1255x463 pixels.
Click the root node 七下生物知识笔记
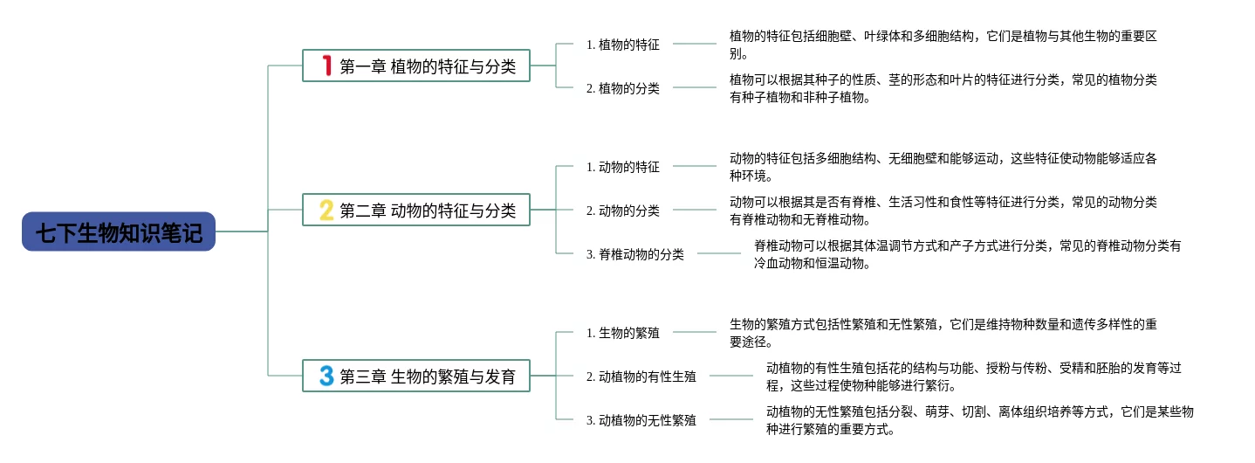(x=119, y=232)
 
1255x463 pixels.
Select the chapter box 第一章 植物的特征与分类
(x=416, y=66)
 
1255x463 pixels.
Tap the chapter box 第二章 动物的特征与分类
(x=416, y=210)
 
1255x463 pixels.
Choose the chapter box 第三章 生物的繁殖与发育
(x=416, y=376)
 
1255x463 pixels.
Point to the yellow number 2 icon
(x=326, y=210)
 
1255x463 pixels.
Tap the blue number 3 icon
(x=326, y=376)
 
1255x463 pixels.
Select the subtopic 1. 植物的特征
(x=622, y=45)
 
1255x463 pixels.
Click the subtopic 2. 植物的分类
(x=622, y=88)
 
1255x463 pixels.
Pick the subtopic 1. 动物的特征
(x=622, y=167)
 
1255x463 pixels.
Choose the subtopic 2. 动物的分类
(x=622, y=211)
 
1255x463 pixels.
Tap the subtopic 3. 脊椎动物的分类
(x=634, y=254)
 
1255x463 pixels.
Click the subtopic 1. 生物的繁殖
(x=622, y=333)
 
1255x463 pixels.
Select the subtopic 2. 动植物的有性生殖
(x=641, y=377)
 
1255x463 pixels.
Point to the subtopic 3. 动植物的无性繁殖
(x=641, y=420)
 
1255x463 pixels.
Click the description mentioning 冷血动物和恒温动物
(x=967, y=254)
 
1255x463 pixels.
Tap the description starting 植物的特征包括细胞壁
(x=943, y=45)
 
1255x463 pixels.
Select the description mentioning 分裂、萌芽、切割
(x=979, y=420)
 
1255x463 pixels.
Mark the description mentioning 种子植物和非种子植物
(x=943, y=88)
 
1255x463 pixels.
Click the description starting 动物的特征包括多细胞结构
(x=943, y=167)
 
